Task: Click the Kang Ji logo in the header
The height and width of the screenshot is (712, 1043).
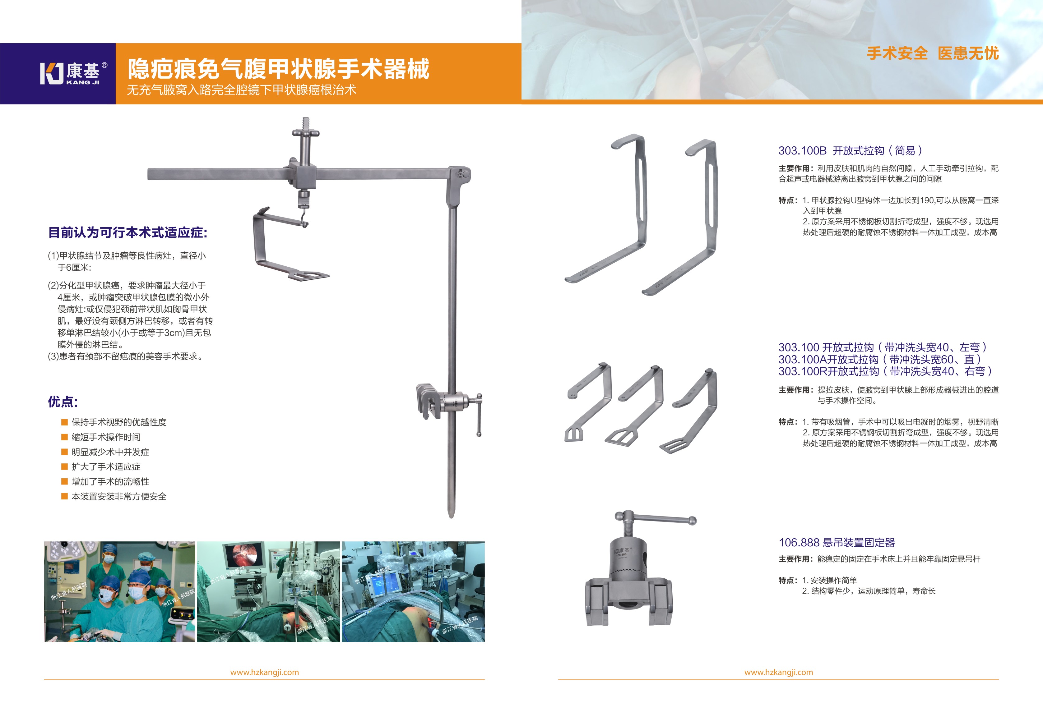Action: pos(74,73)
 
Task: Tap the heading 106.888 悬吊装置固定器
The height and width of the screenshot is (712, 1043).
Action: pos(837,542)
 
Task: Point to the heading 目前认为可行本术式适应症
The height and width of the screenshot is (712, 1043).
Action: pos(127,232)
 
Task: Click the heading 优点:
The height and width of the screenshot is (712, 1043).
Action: pos(63,402)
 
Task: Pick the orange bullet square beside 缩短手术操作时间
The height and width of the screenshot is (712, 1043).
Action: pos(64,437)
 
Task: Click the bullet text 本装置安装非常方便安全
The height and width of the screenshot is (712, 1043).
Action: pos(119,497)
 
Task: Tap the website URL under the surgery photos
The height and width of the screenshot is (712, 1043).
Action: pos(264,672)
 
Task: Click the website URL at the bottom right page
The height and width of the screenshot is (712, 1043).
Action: pos(779,672)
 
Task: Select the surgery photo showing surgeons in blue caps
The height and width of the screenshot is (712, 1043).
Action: pos(120,591)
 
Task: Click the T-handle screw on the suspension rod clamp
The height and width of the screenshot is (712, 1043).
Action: pos(478,415)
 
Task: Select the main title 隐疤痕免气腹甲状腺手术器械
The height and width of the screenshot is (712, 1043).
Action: pos(278,69)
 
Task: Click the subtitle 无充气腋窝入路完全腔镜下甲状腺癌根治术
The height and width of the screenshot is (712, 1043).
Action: pos(241,90)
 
